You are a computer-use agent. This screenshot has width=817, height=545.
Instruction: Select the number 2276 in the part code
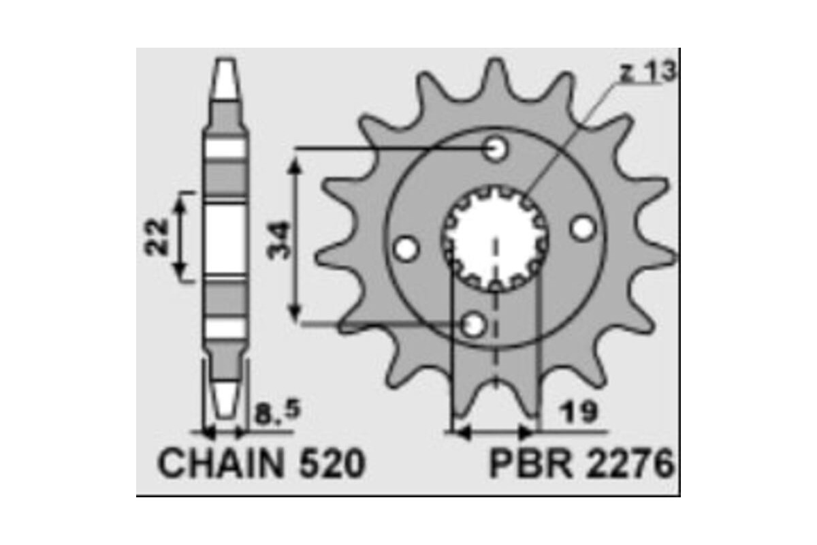point(627,465)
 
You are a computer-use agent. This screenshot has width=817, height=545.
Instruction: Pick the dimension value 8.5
point(276,411)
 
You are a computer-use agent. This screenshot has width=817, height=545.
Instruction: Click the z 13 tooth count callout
point(647,73)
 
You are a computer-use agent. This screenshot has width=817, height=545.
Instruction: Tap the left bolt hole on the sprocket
point(406,249)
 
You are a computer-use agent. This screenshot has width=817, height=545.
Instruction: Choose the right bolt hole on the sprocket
point(581,229)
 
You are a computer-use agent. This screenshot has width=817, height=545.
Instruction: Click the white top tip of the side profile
point(226,78)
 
